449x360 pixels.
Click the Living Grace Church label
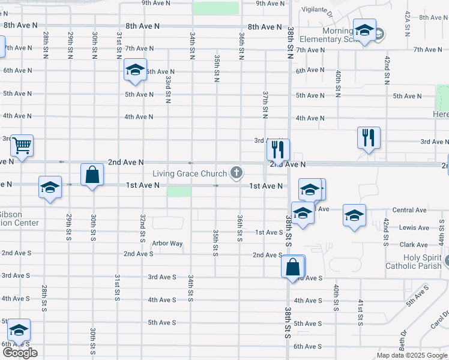190,174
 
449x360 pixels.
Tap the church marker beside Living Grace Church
237,173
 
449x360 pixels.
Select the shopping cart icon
22,145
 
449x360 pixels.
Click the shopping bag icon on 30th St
92,175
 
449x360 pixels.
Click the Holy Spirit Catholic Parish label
414,262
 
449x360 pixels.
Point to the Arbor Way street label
167,244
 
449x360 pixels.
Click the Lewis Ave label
414,228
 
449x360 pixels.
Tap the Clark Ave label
414,245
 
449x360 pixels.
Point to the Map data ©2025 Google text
411,355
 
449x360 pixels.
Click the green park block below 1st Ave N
179,191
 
